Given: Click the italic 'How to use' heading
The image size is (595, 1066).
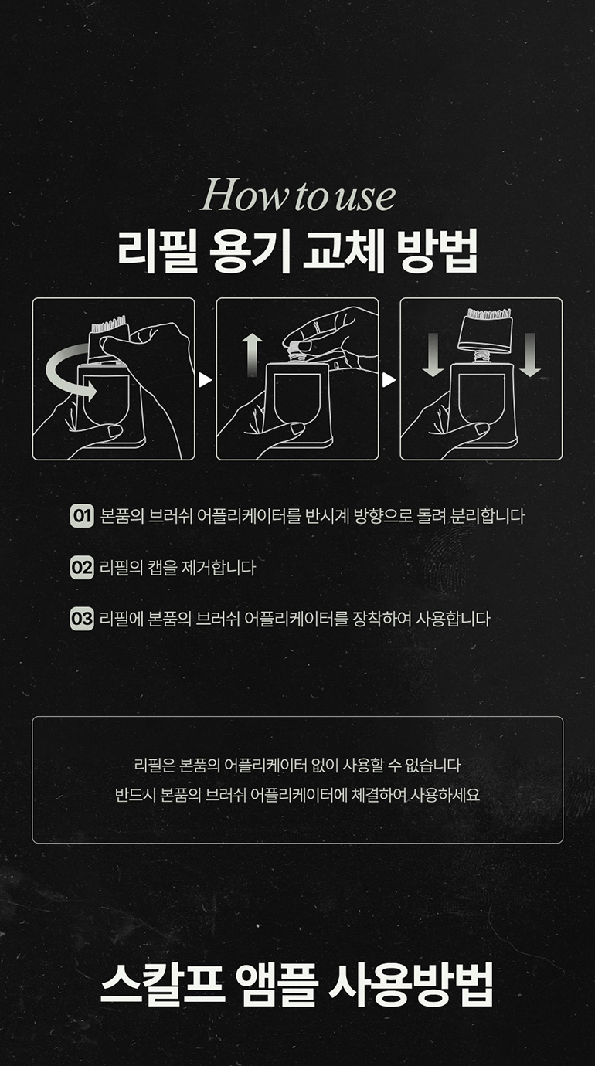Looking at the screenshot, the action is point(298,195).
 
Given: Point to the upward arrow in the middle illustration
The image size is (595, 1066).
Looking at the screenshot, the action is point(252,355).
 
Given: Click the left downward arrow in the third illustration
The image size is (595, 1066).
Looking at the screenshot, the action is point(433,355).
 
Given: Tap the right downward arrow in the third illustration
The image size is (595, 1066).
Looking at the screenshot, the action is point(530,355).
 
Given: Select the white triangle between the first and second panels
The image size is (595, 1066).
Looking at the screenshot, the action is point(205,380).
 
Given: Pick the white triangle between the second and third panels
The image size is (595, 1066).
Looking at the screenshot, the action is point(389,380).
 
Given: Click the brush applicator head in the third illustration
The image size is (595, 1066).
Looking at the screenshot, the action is point(485,331).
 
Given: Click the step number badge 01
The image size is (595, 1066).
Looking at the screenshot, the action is point(82,516).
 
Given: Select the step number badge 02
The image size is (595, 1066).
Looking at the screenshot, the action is point(82,567).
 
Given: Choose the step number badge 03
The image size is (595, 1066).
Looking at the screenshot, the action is point(82,619).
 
